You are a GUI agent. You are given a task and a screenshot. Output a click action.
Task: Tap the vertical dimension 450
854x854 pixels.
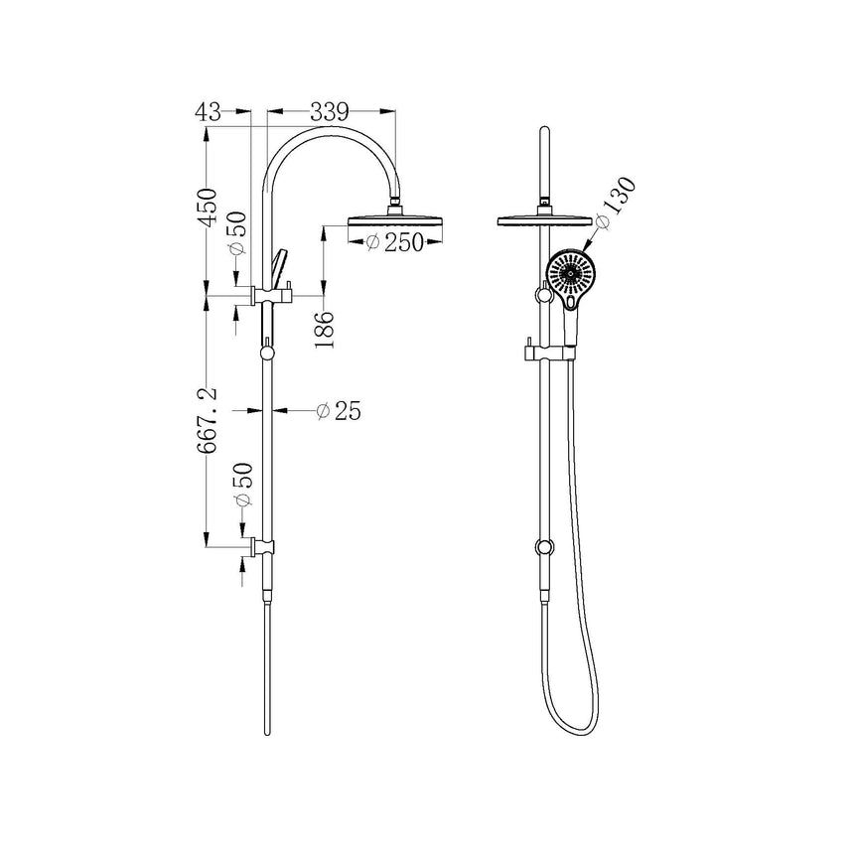point(207,208)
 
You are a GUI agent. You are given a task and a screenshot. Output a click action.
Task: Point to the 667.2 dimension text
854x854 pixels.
point(210,421)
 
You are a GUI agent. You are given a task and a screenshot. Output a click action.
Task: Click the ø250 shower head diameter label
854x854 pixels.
point(389,242)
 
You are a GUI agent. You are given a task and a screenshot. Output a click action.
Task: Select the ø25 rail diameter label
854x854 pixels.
point(336,410)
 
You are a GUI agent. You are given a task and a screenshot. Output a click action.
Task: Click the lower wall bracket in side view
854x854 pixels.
point(265,547)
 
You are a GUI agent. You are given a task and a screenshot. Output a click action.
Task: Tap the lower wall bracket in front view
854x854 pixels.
point(543,547)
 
